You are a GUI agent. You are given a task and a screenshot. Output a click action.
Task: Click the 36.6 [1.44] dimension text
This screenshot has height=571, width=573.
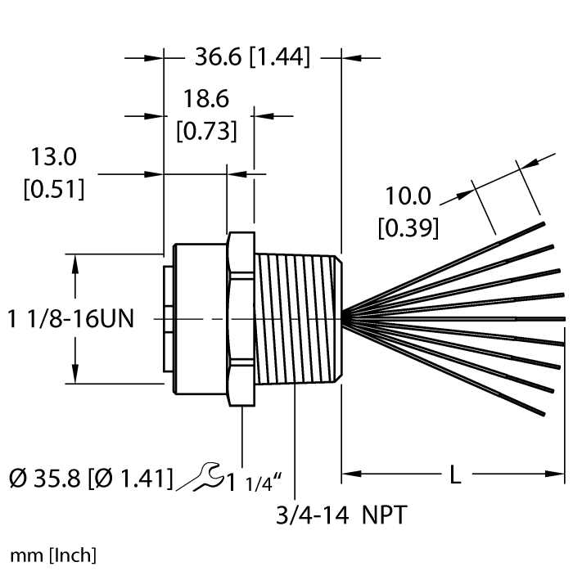coord(251,57)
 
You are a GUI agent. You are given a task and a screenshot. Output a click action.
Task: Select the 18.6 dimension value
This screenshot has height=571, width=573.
coord(205,100)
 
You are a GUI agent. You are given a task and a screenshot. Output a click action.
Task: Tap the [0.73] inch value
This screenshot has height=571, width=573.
coord(206,130)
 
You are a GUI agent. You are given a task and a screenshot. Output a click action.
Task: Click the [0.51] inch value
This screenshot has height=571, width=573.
coord(53,190)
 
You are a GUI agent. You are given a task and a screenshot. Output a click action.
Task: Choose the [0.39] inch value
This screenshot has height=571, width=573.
coord(408,227)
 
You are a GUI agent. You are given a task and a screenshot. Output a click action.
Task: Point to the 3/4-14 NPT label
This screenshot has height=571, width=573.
coord(341,515)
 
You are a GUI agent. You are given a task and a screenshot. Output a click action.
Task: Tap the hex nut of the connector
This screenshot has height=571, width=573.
coord(241,319)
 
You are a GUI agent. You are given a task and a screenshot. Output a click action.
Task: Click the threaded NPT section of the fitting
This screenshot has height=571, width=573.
coord(299,319)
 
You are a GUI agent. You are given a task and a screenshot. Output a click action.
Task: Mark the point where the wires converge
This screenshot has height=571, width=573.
coord(347,317)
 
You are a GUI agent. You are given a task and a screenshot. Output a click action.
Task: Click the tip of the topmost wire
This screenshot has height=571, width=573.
coord(541,223)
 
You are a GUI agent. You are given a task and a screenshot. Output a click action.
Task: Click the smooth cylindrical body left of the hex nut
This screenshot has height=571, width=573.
coord(196,319)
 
